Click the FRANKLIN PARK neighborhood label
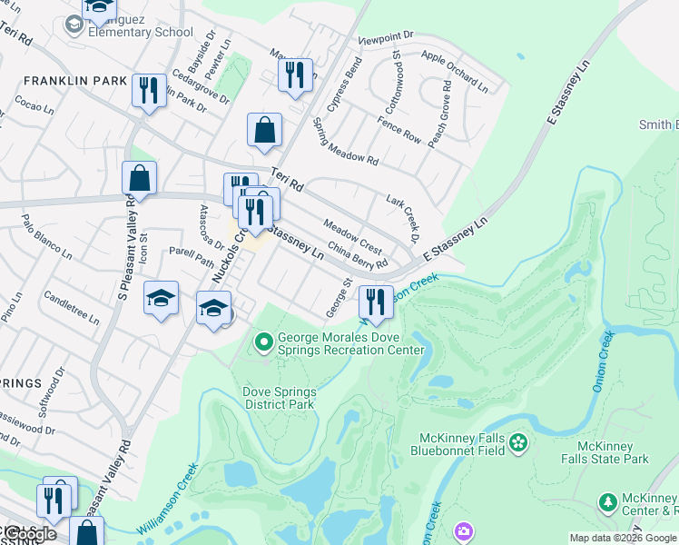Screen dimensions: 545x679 [75, 81]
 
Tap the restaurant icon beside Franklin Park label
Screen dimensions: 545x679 [148, 91]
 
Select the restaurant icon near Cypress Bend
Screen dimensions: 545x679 [295, 76]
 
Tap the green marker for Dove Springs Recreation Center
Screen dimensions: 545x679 [264, 342]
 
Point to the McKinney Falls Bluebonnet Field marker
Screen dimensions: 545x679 [518, 442]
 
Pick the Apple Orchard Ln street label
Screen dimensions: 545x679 [455, 72]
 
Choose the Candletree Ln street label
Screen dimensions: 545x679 [71, 309]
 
